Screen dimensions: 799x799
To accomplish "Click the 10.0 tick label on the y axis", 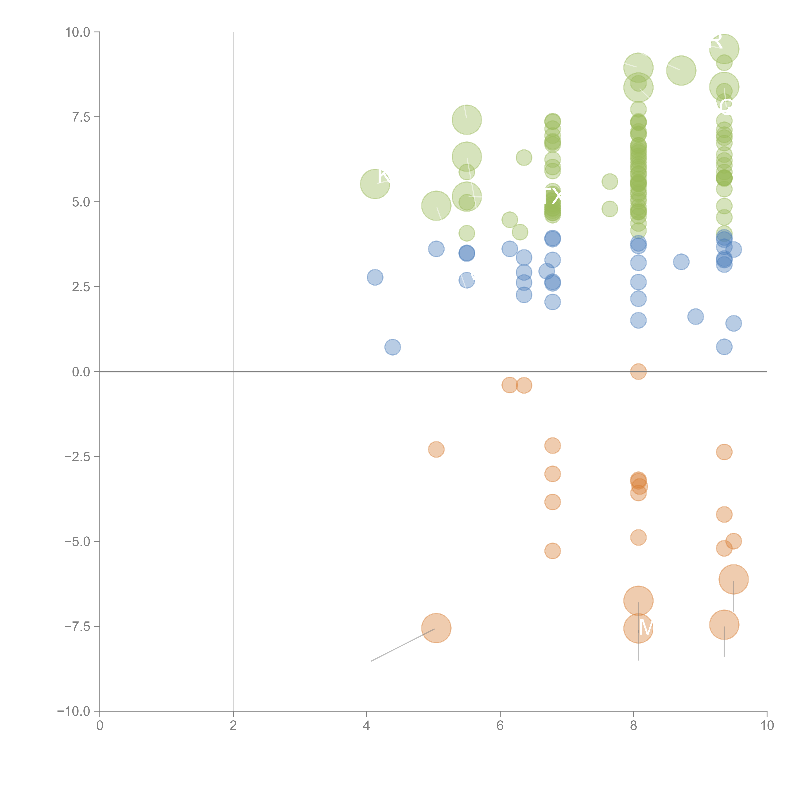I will [x=78, y=32].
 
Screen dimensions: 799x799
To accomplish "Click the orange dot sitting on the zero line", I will [x=638, y=371].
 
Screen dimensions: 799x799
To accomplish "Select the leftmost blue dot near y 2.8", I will [x=375, y=277].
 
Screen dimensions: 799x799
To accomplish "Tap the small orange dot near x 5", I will [x=436, y=449].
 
